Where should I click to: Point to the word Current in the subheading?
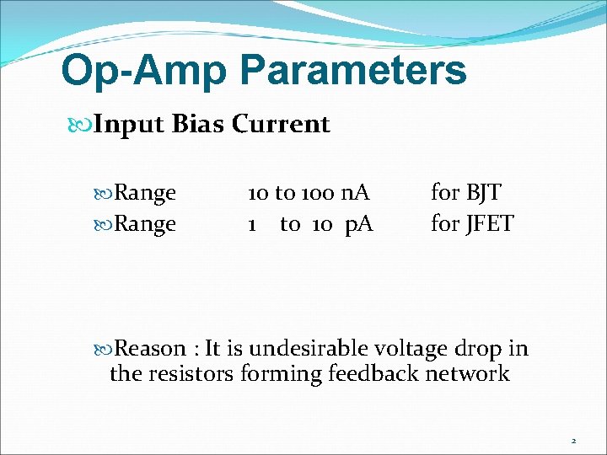[x=281, y=125]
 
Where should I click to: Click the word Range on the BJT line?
[x=144, y=193]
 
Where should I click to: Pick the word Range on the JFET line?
[x=144, y=224]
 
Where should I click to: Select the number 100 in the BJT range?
[x=318, y=193]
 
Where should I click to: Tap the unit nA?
[x=355, y=193]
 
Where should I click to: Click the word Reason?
[x=149, y=349]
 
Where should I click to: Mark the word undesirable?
[x=304, y=349]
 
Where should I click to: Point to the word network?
[x=468, y=373]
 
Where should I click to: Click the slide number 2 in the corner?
[x=573, y=441]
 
